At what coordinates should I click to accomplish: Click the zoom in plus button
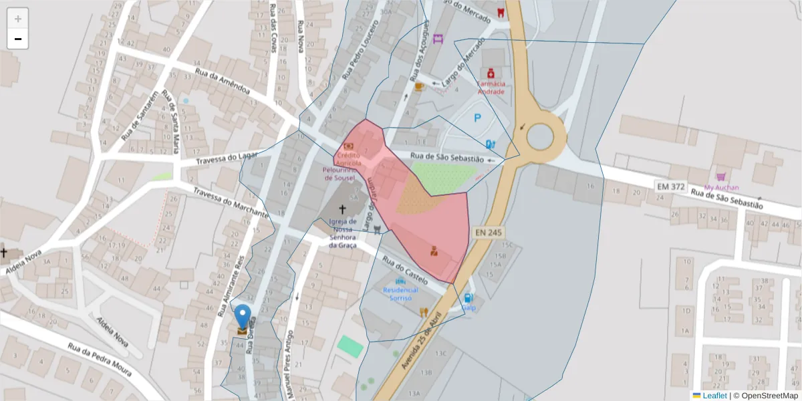(x=18, y=19)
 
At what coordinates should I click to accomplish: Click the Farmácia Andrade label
(x=491, y=88)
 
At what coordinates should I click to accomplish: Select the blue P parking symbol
(x=477, y=118)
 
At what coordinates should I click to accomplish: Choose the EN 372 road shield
(x=670, y=186)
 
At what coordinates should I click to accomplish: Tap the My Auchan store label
(x=721, y=187)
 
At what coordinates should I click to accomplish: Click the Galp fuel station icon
(x=469, y=298)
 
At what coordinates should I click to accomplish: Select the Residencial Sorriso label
(x=400, y=294)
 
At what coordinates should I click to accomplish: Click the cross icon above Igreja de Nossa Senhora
(x=343, y=209)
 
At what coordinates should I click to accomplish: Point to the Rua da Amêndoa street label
(x=223, y=81)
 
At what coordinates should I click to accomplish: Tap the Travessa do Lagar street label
(x=227, y=159)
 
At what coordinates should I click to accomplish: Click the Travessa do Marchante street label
(x=231, y=203)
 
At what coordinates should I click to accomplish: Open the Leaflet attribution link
(x=714, y=396)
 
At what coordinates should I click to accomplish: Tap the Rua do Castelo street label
(x=404, y=267)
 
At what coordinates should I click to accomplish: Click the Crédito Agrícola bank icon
(x=348, y=146)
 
